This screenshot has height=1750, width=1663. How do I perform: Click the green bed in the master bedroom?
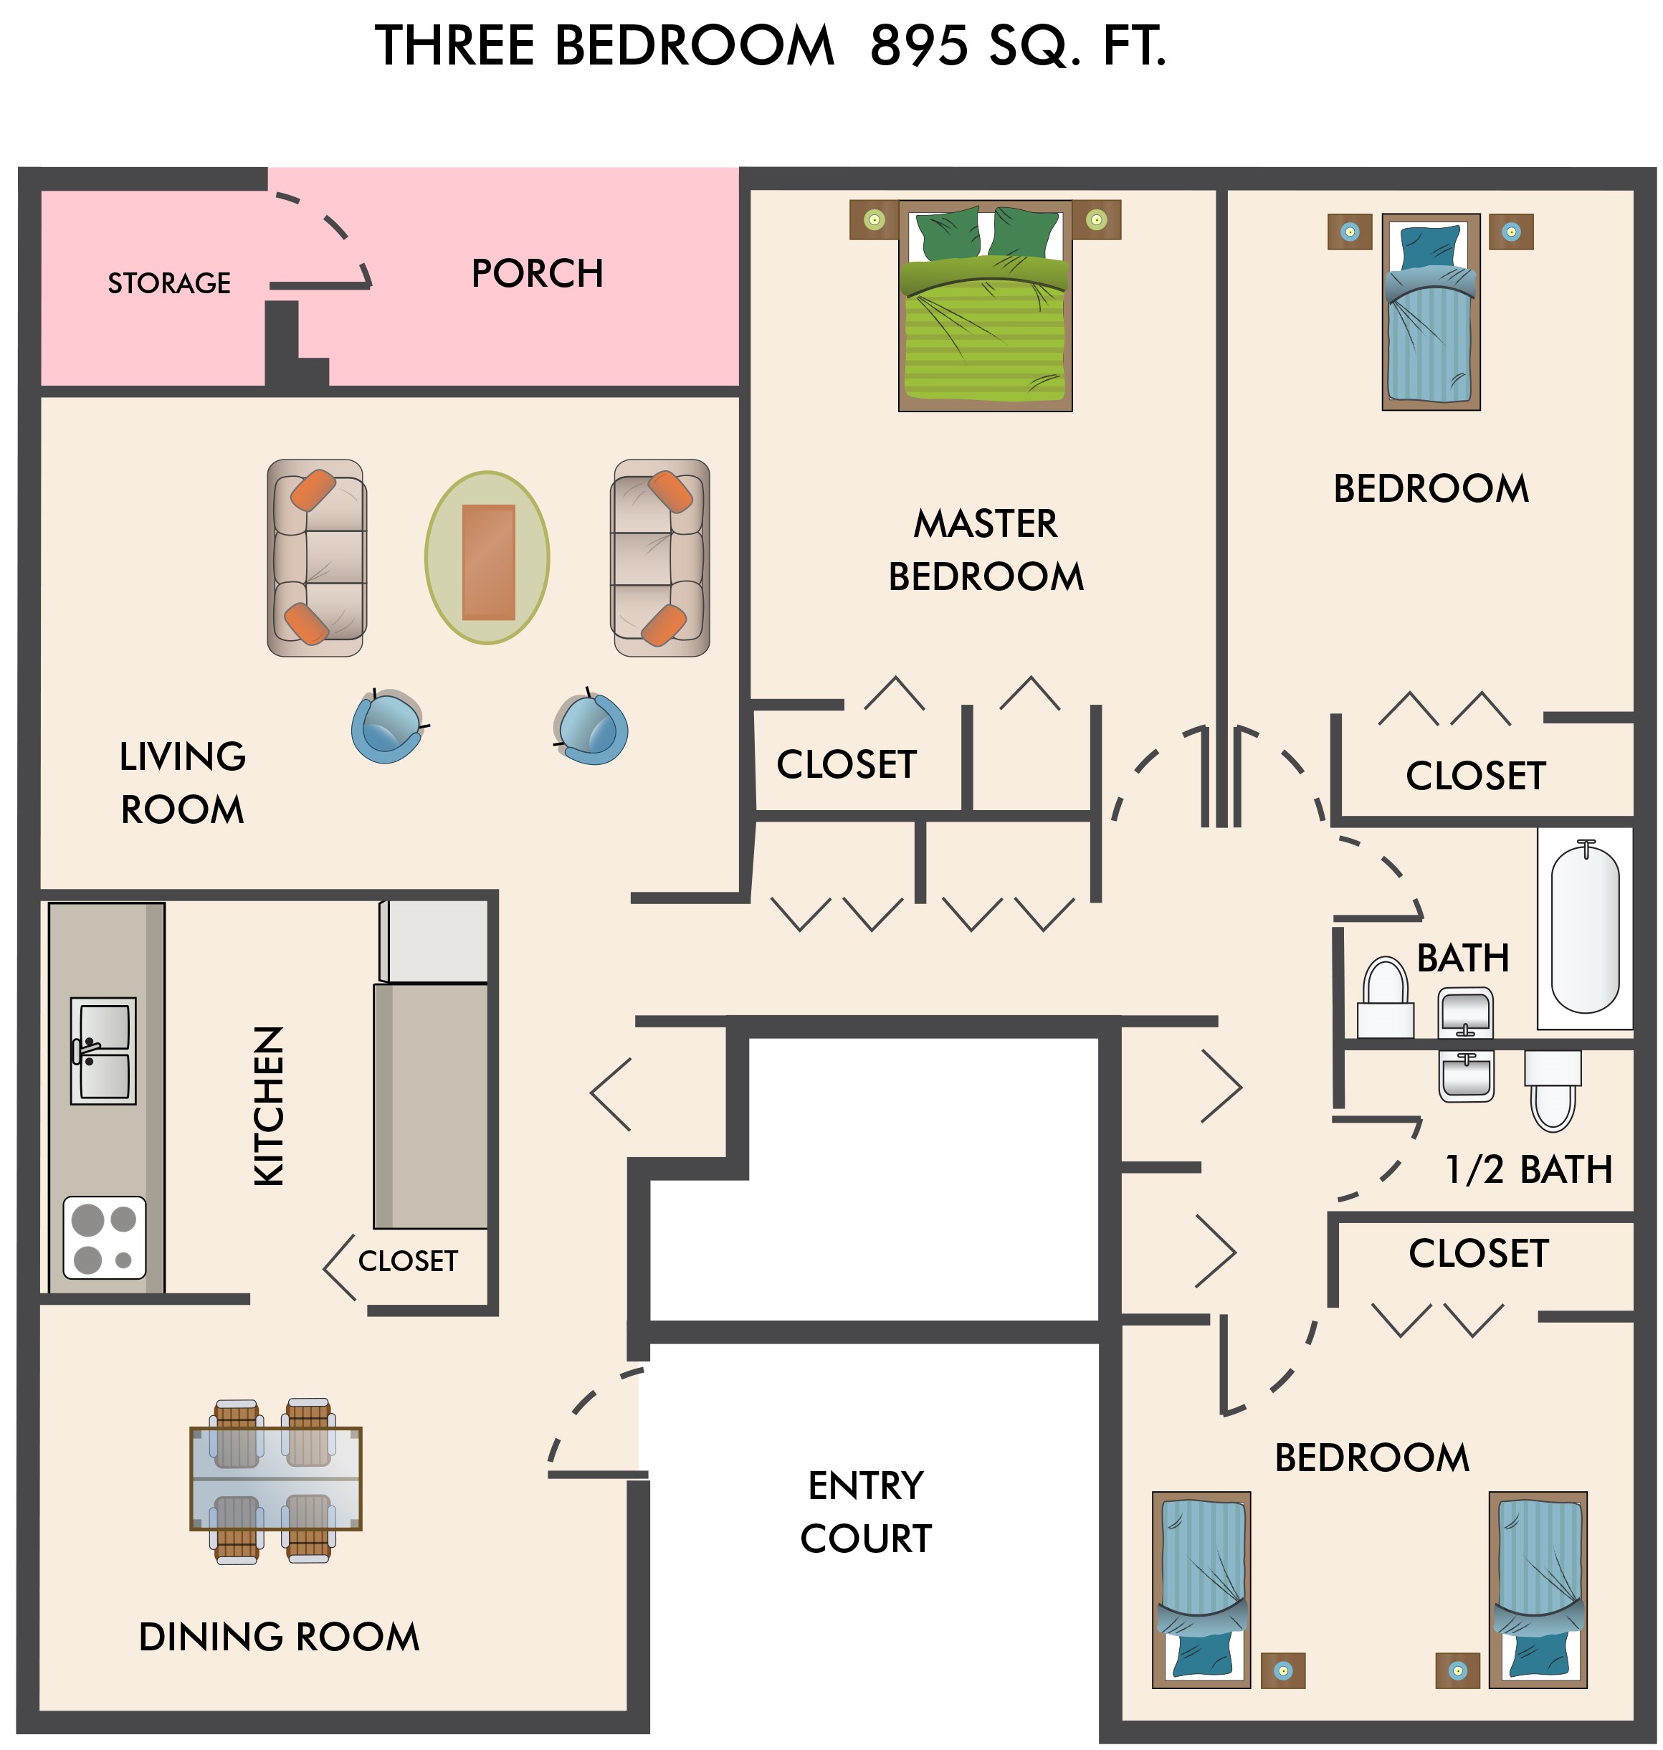pos(985,306)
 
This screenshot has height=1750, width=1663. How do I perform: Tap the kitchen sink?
pos(103,1050)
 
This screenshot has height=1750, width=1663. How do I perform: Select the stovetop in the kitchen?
pos(105,1237)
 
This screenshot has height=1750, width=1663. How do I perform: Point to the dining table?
pos(276,1480)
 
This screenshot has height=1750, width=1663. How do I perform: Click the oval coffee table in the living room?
pos(487,558)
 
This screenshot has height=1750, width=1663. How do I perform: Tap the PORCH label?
pos(537,273)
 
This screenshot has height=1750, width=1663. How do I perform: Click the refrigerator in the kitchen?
pos(434,941)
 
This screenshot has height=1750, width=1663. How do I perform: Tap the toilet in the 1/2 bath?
pos(1553,1090)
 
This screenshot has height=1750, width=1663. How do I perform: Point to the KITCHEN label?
pos(269,1106)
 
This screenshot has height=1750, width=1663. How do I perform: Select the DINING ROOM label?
pos(280,1637)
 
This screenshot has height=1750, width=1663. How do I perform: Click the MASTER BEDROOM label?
pos(986,550)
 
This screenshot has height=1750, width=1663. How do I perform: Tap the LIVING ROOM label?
pos(183,783)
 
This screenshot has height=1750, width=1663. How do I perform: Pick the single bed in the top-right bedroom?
pos(1431,312)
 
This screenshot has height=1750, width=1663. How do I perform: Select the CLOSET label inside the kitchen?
pos(408,1260)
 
